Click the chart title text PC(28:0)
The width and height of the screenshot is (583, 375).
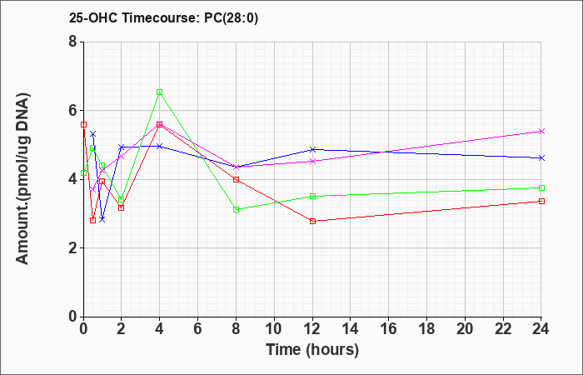point(231,18)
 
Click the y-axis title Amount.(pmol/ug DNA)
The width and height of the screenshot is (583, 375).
point(22,179)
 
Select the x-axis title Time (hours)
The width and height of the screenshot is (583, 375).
point(312,350)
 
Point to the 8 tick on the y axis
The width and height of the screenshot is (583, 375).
point(72,42)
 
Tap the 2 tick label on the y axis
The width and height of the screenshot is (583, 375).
point(72,248)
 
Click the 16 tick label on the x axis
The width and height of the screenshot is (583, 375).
point(389,329)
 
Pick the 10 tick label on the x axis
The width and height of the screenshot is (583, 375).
point(274,329)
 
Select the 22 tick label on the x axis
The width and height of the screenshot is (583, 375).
point(503,329)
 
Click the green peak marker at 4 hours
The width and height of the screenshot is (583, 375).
point(160,92)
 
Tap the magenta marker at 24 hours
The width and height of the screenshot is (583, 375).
point(541,132)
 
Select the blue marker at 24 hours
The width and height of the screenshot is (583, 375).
point(541,158)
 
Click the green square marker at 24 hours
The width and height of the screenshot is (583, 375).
point(541,187)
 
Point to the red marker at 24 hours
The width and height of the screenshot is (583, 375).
point(541,202)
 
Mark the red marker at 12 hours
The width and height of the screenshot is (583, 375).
point(312,221)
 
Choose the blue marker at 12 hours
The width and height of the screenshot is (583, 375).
point(312,149)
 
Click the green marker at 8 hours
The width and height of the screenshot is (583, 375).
point(236,209)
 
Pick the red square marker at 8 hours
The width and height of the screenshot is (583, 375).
point(236,180)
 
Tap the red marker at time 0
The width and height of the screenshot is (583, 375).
point(83,125)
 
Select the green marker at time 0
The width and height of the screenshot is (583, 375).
point(83,173)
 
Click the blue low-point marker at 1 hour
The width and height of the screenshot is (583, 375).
point(102,219)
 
